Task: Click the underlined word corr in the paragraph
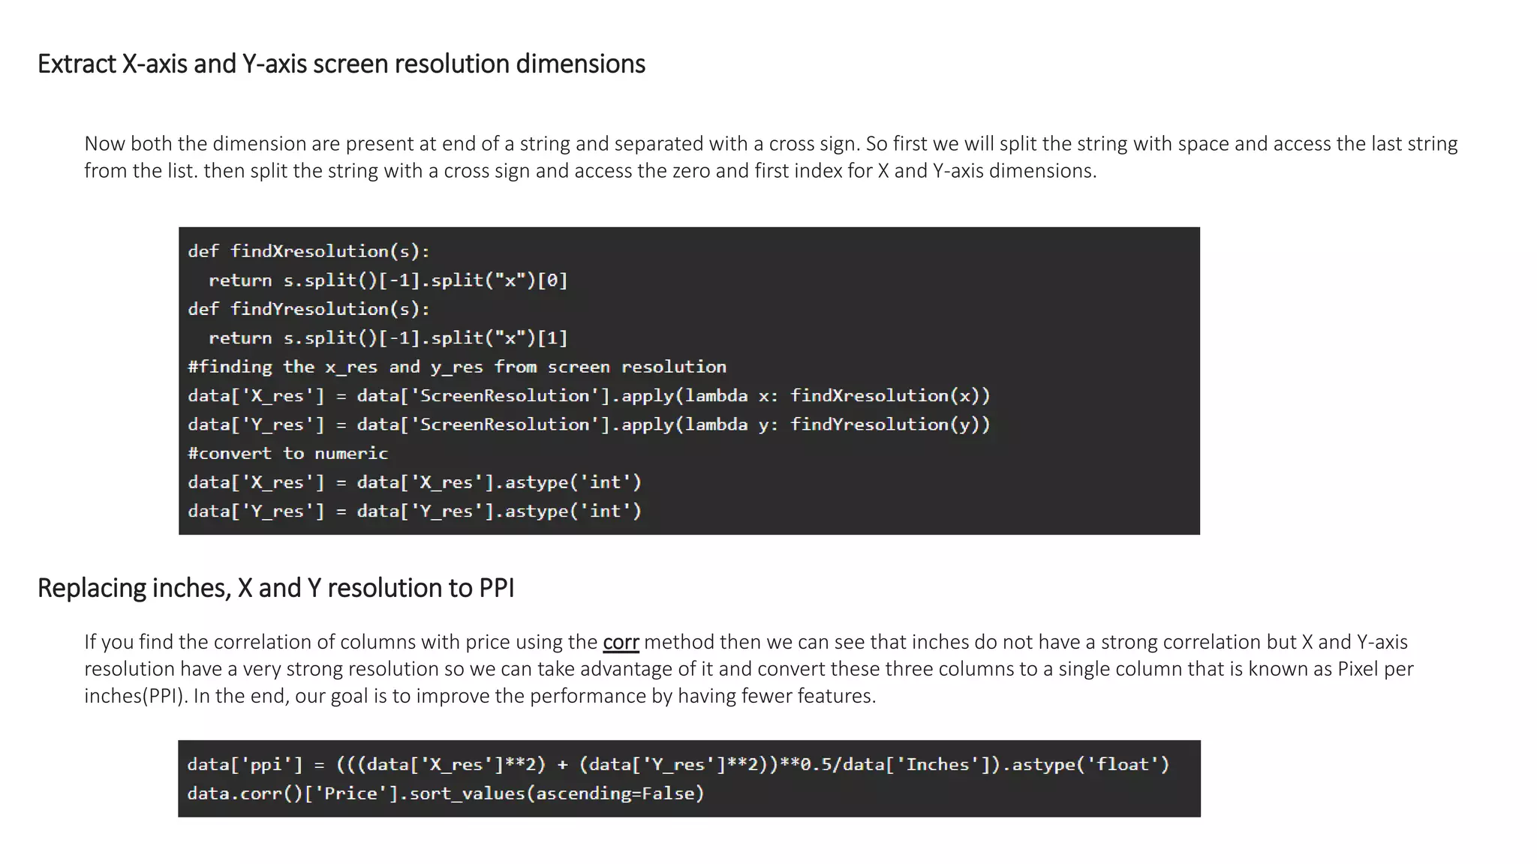tap(621, 642)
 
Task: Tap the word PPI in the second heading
tap(495, 588)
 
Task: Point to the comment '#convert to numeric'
tap(287, 454)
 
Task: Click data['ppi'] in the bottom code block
tap(245, 765)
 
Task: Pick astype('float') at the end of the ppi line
tap(1090, 765)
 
